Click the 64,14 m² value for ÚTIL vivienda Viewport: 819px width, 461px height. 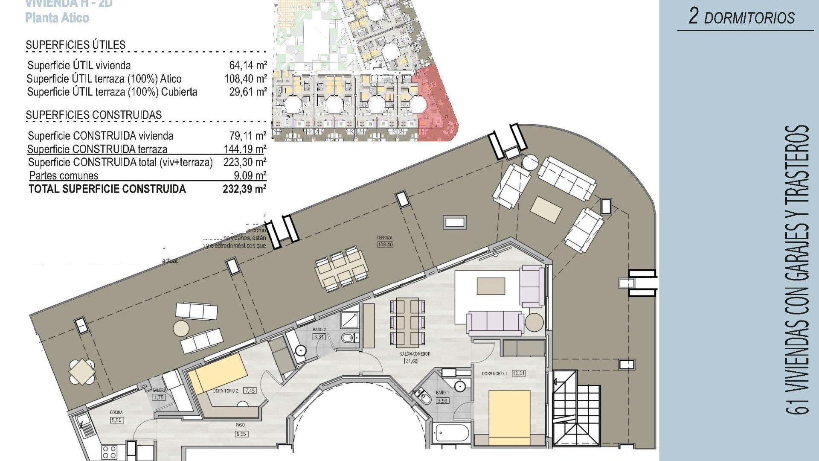[x=248, y=65]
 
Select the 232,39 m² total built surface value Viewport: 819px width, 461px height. [x=244, y=189]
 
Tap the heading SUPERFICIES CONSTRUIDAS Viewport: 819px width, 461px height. [x=93, y=115]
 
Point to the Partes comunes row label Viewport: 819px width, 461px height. [x=64, y=175]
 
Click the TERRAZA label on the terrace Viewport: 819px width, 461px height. [x=384, y=238]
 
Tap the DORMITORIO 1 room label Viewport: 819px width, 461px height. [x=494, y=373]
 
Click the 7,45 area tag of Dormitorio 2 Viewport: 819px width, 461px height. [x=250, y=391]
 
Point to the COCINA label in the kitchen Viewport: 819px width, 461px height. [x=116, y=412]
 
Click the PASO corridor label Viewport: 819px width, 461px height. [x=240, y=425]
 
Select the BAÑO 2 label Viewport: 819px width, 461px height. [x=319, y=330]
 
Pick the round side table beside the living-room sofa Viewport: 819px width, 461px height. [x=534, y=322]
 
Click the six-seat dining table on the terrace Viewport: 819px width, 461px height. [x=342, y=270]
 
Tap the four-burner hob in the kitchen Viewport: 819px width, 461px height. [x=110, y=452]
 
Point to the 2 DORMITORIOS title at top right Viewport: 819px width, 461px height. [x=742, y=18]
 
